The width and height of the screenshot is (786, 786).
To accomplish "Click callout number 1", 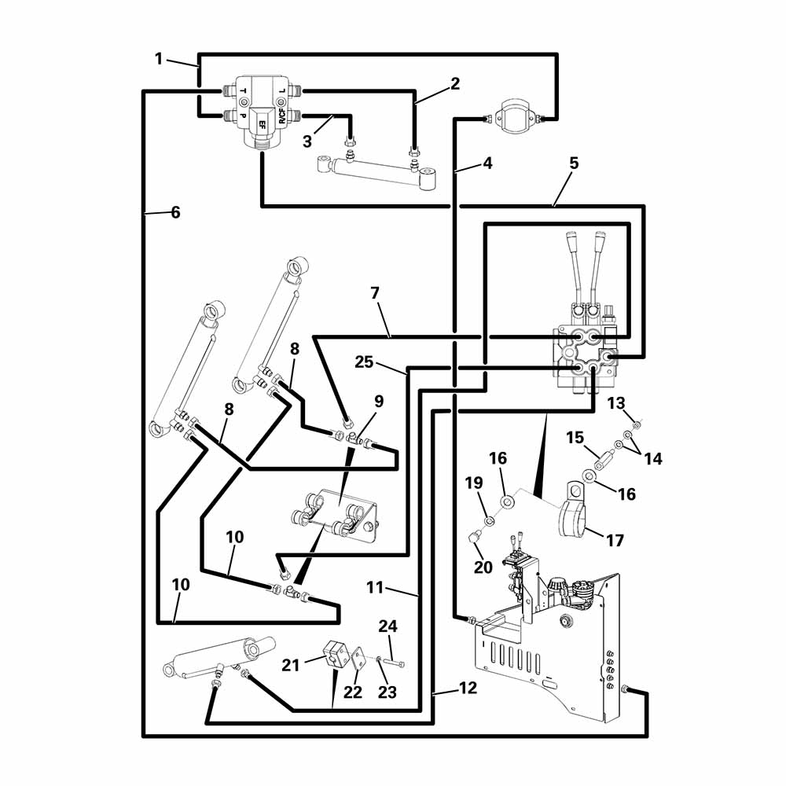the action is pos(159,59).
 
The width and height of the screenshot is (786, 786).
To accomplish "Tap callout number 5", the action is pos(574,163).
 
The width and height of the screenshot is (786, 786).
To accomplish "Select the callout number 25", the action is pos(365,362).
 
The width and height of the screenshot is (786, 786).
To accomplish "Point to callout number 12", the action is pos(468,688).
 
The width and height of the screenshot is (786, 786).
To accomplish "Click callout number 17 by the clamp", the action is pos(615,541).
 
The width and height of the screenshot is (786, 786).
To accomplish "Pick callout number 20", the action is pos(483,567).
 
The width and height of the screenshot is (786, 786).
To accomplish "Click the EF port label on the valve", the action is pos(263,123).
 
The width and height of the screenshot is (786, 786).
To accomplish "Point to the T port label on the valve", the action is pos(243,91).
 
